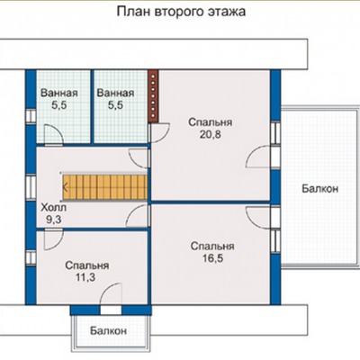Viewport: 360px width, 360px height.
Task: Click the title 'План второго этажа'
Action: (181, 12)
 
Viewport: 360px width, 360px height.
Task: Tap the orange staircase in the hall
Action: (105, 187)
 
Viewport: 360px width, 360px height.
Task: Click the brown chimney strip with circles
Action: (153, 96)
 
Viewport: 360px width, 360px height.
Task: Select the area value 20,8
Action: (210, 134)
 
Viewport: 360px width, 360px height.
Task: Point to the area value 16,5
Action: (212, 258)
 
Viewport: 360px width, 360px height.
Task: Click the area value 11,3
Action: (85, 277)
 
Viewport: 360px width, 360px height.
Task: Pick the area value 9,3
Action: (54, 220)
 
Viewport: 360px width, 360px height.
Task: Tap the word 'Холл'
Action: (54, 207)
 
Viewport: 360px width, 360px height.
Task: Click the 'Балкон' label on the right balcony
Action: (320, 189)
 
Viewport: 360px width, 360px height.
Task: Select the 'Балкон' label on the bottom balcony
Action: (108, 331)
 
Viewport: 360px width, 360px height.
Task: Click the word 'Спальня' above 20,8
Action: (211, 122)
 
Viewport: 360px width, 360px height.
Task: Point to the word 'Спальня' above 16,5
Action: (212, 247)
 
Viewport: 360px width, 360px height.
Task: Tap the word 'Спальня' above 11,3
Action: (87, 265)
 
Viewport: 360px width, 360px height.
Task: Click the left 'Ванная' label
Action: (59, 93)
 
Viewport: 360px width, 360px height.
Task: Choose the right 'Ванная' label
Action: (115, 93)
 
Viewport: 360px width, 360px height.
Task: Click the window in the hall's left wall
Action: (31, 187)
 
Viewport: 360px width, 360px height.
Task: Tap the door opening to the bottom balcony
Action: (111, 310)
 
